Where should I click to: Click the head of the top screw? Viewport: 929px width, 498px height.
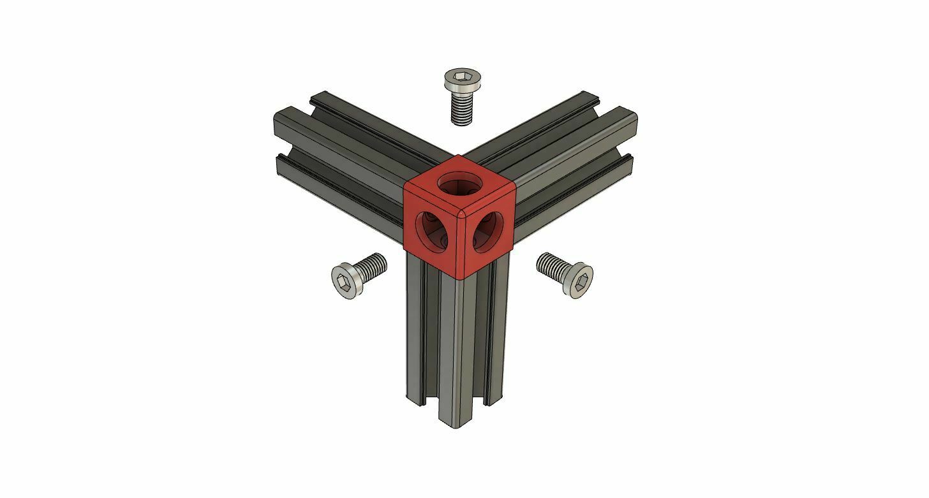[x=462, y=80]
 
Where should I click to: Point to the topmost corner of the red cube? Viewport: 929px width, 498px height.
[x=457, y=155]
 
